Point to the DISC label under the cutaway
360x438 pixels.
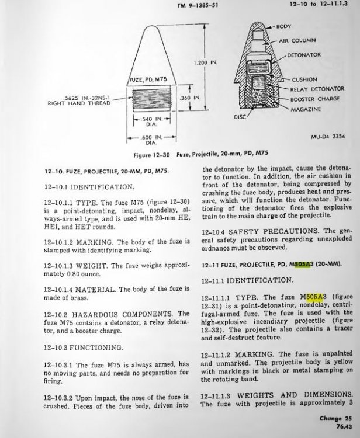point(239,116)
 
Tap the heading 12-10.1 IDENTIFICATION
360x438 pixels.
point(89,187)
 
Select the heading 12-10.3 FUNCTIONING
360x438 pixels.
point(83,347)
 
